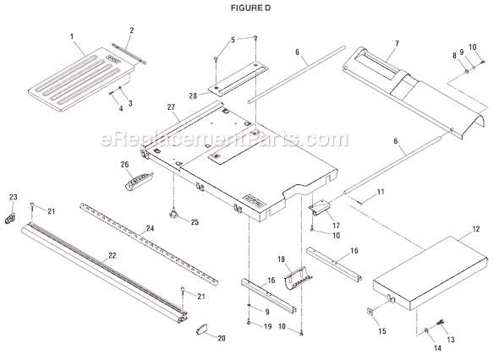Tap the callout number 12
pyautogui.click(x=453, y=228)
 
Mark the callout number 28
pyautogui.click(x=193, y=97)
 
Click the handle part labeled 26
pyautogui.click(x=134, y=178)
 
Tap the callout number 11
pyautogui.click(x=381, y=194)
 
